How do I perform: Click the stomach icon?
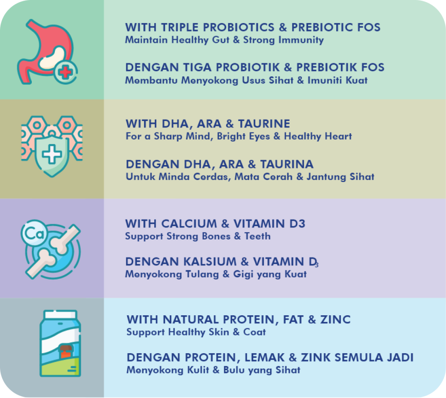[45, 52]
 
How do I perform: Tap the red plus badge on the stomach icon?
[66, 72]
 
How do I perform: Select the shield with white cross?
[52, 155]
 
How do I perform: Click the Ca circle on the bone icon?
[34, 233]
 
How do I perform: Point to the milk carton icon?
[60, 344]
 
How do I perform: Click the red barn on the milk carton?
[66, 351]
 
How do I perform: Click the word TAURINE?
[264, 124]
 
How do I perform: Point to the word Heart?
[338, 136]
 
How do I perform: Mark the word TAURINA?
[287, 164]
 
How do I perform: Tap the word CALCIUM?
[189, 224]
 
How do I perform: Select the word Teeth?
[257, 236]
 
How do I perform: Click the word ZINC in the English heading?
[335, 320]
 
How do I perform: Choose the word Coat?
[254, 332]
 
